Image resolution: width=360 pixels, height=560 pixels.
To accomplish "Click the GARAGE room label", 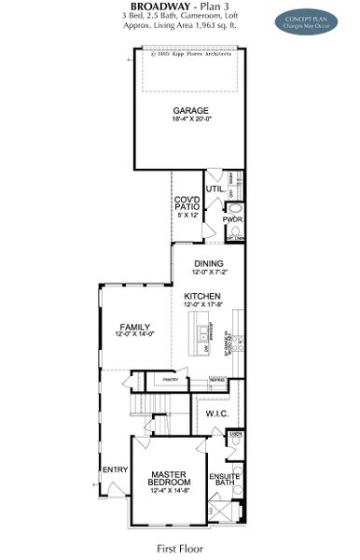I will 189,110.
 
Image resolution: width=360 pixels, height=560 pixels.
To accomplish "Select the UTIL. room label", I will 215,189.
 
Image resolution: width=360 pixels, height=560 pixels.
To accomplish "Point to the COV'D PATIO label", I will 187,204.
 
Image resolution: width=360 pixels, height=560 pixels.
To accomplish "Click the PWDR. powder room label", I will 233,219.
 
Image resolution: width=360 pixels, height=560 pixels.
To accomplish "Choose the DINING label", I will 208,264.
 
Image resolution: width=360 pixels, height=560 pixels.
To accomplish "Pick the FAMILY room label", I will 134,327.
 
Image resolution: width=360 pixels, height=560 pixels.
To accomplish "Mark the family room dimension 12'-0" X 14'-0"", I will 134,335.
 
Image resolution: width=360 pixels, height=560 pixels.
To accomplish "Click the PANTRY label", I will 170,380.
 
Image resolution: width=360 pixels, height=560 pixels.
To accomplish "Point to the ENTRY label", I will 115,469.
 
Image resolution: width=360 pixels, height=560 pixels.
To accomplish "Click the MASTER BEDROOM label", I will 169,478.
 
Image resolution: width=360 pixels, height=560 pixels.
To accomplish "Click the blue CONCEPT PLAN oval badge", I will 306,21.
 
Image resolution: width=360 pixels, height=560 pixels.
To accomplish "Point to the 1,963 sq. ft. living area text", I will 215,27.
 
